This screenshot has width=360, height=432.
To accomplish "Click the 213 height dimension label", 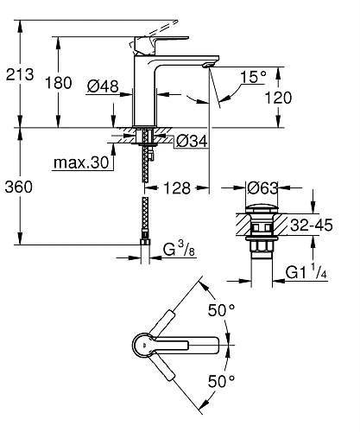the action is click(20, 74).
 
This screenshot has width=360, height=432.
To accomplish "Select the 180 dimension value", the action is click(59, 83).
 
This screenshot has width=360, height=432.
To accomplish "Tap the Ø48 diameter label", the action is click(103, 86).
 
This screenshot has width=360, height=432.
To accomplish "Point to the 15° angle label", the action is click(253, 77).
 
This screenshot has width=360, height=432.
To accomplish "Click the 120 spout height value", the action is click(278, 98).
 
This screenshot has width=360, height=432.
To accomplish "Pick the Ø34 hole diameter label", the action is click(192, 141).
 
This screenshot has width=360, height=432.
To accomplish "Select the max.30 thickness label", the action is click(81, 162).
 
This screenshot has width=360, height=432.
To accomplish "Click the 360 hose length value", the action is click(19, 187).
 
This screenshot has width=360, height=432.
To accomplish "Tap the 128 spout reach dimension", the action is click(177, 188).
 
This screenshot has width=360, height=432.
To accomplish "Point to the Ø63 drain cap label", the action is click(262, 188).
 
